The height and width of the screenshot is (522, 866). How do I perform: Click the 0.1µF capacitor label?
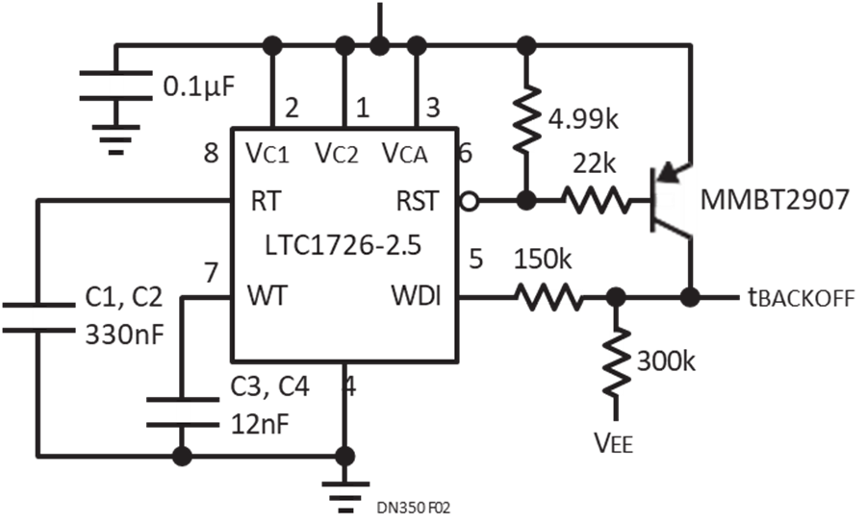(x=199, y=87)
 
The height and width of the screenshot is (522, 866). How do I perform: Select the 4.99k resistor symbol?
(x=526, y=118)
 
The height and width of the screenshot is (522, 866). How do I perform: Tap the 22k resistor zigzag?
(x=596, y=201)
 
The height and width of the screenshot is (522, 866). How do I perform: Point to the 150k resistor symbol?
(x=548, y=297)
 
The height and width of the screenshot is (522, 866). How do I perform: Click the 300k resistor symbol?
(x=616, y=361)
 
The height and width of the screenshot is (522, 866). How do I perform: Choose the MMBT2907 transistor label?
(x=775, y=199)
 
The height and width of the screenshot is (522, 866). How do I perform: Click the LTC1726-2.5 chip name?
(x=343, y=245)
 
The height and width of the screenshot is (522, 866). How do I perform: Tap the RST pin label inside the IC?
(x=418, y=201)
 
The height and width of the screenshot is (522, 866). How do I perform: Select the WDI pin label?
(x=417, y=296)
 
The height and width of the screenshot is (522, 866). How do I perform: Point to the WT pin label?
(x=267, y=296)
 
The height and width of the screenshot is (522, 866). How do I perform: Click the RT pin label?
(x=267, y=201)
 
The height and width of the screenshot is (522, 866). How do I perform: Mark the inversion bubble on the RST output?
(x=469, y=202)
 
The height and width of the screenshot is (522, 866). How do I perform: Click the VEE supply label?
(x=613, y=442)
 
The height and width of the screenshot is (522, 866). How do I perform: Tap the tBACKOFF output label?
(x=802, y=298)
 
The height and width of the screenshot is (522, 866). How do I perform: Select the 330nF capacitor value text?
(x=125, y=335)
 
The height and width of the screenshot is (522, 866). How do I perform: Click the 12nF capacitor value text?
(x=260, y=424)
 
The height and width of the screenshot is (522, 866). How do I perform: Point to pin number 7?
(x=211, y=273)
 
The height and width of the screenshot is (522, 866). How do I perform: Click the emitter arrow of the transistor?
(x=670, y=172)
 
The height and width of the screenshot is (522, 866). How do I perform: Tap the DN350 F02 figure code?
(x=414, y=508)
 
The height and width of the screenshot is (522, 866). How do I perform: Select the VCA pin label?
(x=405, y=153)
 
